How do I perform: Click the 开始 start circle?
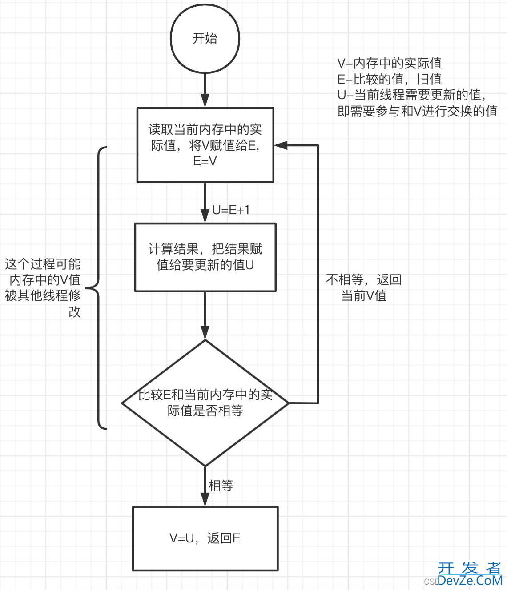[205, 39]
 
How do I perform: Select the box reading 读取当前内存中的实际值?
[205, 145]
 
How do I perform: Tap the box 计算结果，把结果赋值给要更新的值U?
[205, 257]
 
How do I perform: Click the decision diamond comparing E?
[205, 403]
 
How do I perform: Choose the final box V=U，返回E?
[205, 538]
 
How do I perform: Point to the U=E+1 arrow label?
[231, 210]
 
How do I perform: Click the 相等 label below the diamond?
[221, 486]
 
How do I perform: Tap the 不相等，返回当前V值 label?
[364, 287]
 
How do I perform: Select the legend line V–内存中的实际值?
[389, 63]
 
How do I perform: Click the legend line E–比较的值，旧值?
[389, 79]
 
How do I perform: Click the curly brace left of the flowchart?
[99, 288]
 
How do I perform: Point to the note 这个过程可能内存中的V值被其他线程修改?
[43, 288]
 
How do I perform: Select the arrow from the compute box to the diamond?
[205, 315]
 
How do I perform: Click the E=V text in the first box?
[205, 161]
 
